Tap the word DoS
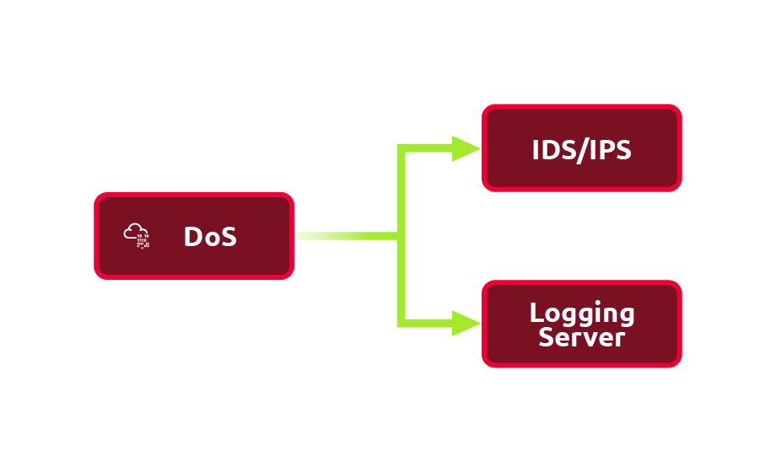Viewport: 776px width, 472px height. click(x=210, y=237)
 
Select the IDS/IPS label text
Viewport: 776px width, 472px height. click(x=582, y=149)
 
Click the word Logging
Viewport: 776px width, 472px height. click(x=582, y=314)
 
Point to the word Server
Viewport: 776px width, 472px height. click(x=582, y=337)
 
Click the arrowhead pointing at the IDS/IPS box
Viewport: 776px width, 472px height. click(x=466, y=149)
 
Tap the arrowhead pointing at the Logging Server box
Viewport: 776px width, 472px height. click(x=466, y=323)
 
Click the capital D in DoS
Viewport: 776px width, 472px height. click(x=193, y=237)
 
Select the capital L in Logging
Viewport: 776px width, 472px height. click(x=536, y=313)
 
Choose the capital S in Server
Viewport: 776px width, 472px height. click(x=547, y=337)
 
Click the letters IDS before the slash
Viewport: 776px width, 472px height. click(x=552, y=149)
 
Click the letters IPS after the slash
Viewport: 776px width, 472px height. click(x=610, y=149)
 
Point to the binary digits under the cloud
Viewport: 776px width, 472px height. click(x=143, y=242)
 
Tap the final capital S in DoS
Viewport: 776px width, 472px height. click(x=228, y=237)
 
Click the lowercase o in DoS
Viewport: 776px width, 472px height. click(x=211, y=239)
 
